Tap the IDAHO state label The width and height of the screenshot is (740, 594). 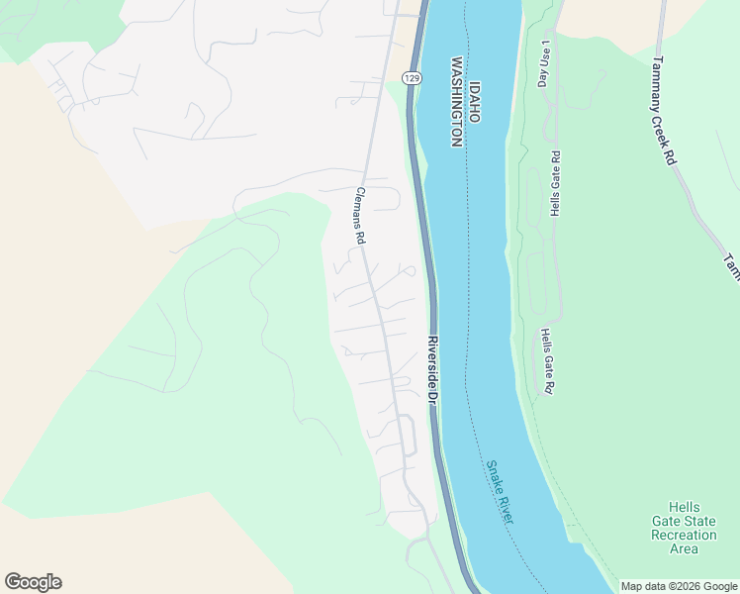click(x=475, y=102)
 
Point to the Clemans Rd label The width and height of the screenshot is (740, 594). click(x=360, y=217)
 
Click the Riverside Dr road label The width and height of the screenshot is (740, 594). click(x=432, y=368)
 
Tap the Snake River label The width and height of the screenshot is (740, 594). click(x=500, y=493)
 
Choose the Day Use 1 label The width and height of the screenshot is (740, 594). click(x=543, y=63)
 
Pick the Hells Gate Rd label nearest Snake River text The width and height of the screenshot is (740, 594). click(x=545, y=362)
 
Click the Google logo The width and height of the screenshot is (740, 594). click(x=33, y=582)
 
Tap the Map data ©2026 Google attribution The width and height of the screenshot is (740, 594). click(x=679, y=586)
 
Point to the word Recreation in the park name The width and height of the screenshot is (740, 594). click(x=684, y=535)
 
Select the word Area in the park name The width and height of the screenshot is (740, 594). click(x=684, y=548)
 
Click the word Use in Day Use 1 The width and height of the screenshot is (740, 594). click(x=543, y=59)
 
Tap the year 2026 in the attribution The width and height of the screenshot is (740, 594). click(x=687, y=586)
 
